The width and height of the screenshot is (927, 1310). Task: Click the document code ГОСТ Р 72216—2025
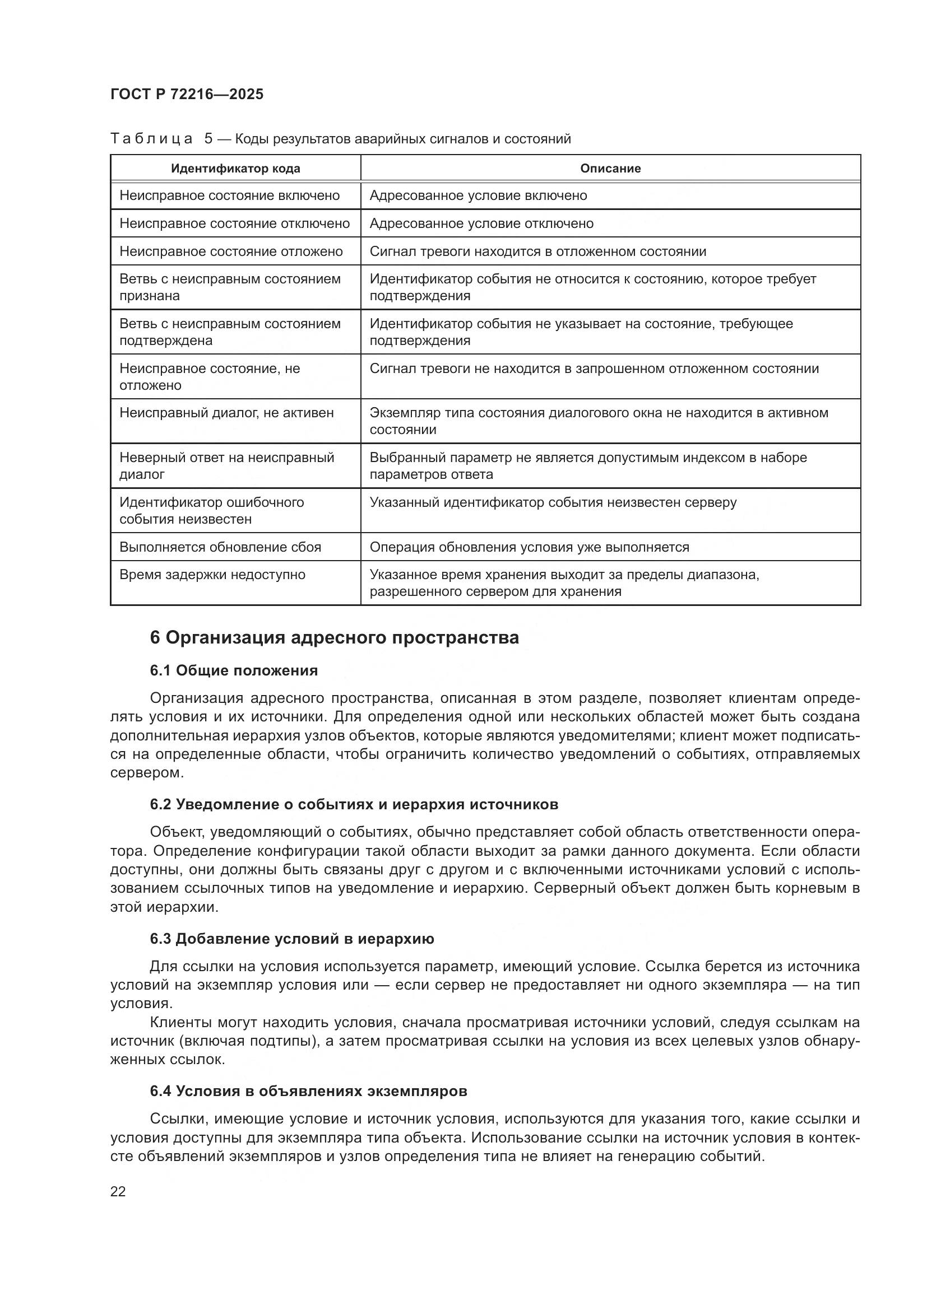click(187, 94)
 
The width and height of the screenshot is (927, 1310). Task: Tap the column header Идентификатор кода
click(235, 169)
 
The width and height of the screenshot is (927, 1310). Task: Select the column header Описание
click(610, 169)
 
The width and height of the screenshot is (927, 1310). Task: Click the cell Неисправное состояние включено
click(229, 195)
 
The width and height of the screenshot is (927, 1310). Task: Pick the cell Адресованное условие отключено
click(481, 223)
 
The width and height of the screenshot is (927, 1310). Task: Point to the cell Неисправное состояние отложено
click(231, 251)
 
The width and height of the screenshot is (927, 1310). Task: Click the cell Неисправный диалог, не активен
click(226, 413)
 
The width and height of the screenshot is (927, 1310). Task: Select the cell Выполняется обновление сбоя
click(220, 547)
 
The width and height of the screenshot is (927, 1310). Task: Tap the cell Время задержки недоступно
click(212, 575)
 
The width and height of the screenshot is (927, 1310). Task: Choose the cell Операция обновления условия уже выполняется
click(529, 547)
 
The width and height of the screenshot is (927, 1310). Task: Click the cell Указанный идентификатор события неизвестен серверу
click(553, 502)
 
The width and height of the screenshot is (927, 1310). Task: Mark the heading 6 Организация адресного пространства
click(335, 637)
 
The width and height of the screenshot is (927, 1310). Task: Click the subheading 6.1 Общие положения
click(234, 670)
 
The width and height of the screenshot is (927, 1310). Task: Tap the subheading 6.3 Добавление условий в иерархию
click(291, 939)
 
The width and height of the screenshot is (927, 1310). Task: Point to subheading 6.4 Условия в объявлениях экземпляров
click(308, 1091)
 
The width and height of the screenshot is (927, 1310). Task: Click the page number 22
click(118, 1192)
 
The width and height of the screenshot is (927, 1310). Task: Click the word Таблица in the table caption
click(151, 139)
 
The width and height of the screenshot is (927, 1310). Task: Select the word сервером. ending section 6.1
click(147, 773)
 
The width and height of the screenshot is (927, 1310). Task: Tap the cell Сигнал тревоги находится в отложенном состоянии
click(537, 251)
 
